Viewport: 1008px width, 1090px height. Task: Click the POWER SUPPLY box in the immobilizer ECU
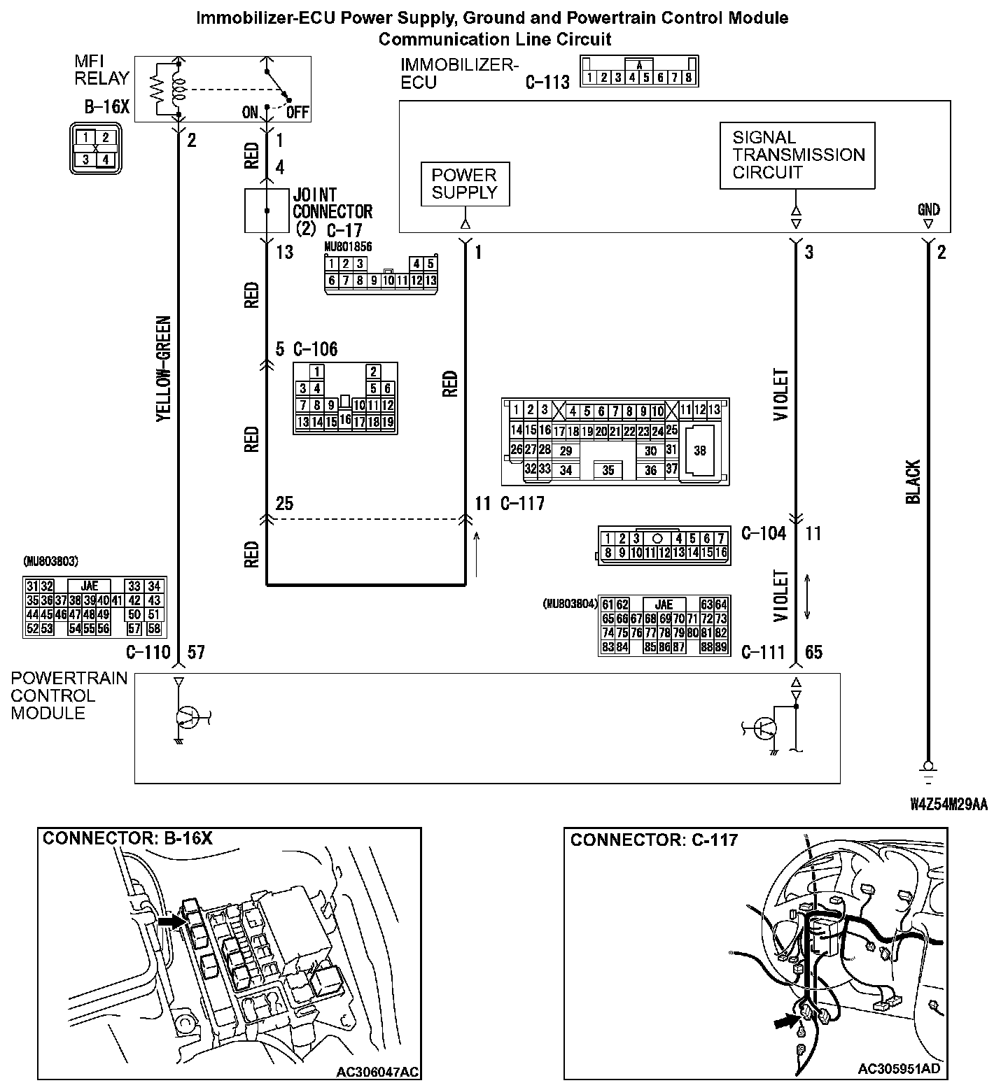click(464, 184)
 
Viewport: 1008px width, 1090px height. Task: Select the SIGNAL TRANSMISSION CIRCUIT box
click(797, 155)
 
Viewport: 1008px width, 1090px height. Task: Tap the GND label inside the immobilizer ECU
click(928, 209)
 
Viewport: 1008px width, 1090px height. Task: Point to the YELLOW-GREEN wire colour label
click(163, 369)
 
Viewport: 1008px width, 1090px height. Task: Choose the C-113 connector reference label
click(547, 83)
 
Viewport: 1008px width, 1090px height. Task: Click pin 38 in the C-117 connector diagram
click(700, 451)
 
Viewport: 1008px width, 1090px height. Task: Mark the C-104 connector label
click(764, 534)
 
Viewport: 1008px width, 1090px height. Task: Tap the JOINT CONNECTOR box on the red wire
click(266, 210)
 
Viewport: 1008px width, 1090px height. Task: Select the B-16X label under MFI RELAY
click(107, 107)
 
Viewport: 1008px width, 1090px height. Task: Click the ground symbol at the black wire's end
click(928, 769)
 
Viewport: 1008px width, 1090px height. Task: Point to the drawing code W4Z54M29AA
click(948, 805)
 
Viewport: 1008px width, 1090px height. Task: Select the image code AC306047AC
click(378, 1072)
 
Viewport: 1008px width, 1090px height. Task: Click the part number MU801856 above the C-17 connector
click(348, 247)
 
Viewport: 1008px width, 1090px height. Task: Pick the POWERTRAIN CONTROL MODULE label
click(69, 695)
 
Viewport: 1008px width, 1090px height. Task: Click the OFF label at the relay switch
click(297, 113)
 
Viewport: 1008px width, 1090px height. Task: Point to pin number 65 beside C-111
click(813, 653)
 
